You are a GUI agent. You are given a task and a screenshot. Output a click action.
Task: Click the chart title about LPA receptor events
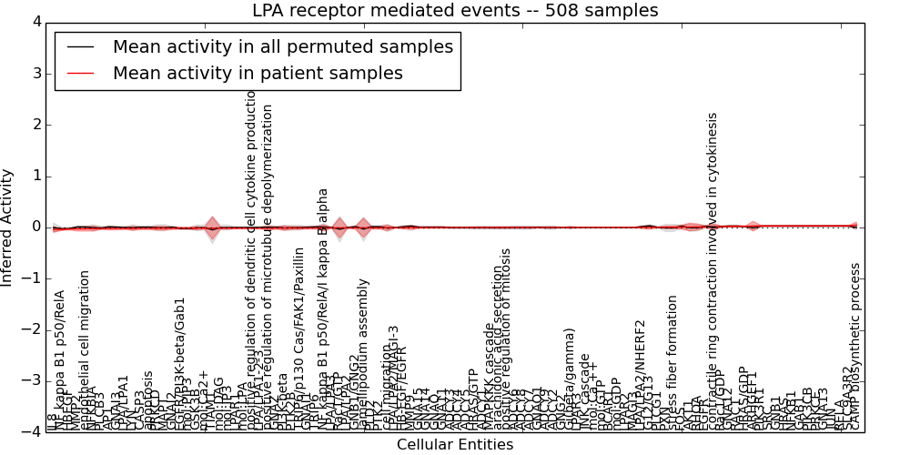(455, 11)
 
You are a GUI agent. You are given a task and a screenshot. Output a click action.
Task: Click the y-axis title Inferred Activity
(8, 227)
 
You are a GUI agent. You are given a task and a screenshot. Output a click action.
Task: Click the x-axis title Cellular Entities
(455, 445)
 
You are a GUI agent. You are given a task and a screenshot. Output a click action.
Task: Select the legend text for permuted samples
(282, 47)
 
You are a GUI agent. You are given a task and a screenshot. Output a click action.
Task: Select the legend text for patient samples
(258, 73)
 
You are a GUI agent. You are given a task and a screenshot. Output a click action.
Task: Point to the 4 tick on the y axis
(35, 22)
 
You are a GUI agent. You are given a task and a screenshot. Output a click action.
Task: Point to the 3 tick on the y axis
(35, 73)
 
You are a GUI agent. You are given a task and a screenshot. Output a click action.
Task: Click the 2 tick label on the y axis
(35, 125)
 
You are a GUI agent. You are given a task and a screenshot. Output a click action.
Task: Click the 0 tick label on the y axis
(35, 227)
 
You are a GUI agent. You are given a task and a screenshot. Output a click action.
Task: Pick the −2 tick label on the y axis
(31, 329)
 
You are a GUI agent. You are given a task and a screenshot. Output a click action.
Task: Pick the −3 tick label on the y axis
(31, 380)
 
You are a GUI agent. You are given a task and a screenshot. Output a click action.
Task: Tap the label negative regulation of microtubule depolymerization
(268, 264)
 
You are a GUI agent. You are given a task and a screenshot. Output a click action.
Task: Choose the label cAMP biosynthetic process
(855, 346)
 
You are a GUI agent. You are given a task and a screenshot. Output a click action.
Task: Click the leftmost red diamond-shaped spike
(212, 227)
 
